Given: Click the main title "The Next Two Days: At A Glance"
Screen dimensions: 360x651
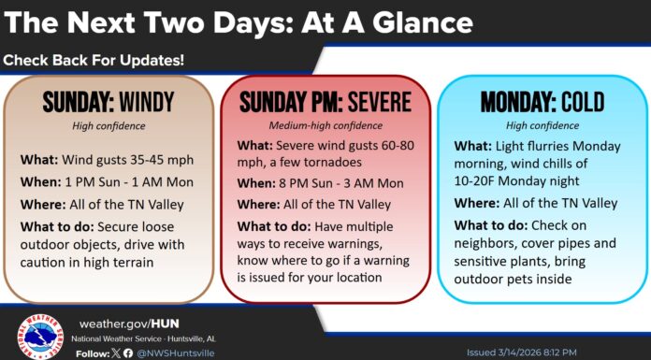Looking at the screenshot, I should click(x=239, y=22).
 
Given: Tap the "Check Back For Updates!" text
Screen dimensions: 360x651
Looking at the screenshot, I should click(x=94, y=61).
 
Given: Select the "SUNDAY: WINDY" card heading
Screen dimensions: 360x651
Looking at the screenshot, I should click(x=109, y=101).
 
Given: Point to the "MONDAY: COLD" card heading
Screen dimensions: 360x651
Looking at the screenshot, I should click(x=542, y=101).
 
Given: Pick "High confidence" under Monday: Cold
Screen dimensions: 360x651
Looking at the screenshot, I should click(x=542, y=124).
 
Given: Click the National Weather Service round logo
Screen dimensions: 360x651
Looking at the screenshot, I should click(x=40, y=336).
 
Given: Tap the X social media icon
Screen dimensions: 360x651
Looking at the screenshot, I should click(x=116, y=353).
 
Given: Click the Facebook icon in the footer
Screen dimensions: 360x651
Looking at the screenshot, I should click(x=129, y=353).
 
